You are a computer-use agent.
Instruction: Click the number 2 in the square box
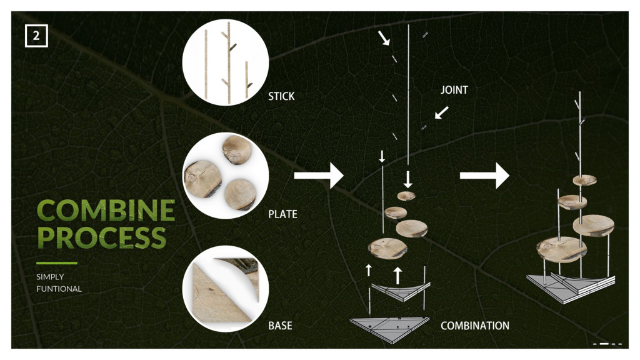point(36,36)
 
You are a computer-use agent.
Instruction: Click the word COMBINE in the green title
point(106,210)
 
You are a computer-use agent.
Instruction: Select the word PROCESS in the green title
point(102,237)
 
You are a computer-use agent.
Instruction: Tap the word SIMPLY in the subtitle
point(50,277)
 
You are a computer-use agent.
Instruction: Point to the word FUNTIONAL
point(59,289)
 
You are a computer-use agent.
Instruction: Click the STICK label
point(281,96)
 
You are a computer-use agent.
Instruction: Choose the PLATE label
point(283,214)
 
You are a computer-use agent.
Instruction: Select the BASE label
point(280,326)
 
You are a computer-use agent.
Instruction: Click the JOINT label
point(454,90)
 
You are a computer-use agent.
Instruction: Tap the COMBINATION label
point(475,326)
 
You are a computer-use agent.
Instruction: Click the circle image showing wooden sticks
point(225,62)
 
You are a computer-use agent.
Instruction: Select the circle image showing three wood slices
point(225,176)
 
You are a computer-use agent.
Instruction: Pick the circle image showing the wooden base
point(225,289)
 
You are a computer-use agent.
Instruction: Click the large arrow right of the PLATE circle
point(319,176)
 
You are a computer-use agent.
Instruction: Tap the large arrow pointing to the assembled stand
point(484,176)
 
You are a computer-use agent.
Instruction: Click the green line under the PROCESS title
point(57,263)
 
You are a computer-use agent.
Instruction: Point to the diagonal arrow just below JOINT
point(442,112)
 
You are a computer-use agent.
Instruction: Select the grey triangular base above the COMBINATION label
point(390,329)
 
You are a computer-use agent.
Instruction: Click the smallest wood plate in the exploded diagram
point(406,196)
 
